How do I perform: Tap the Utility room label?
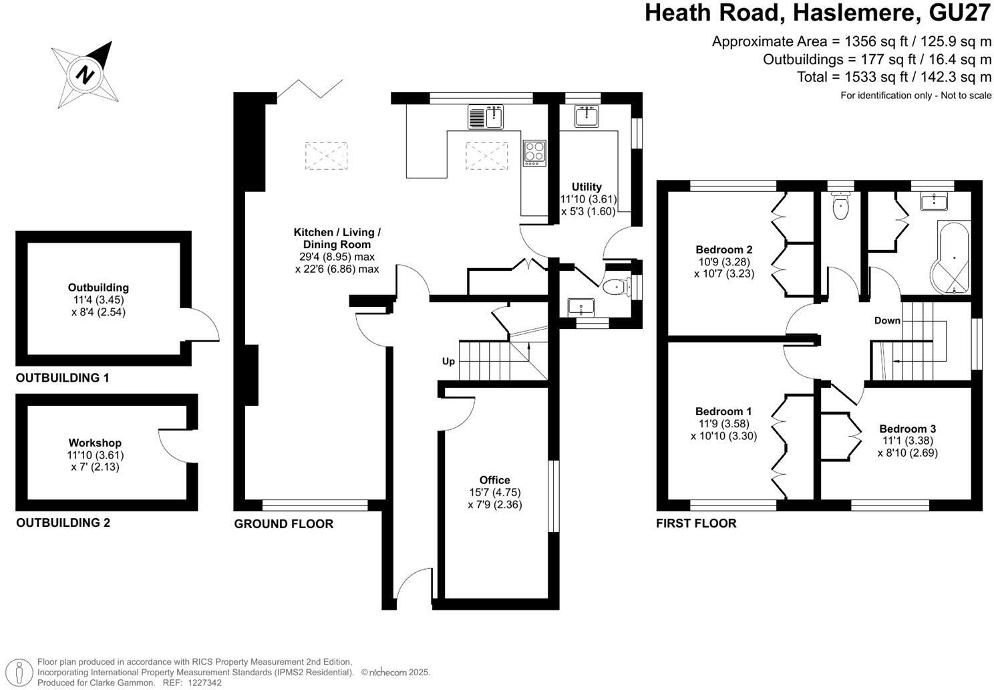[x=587, y=187]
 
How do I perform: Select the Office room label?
[x=494, y=480]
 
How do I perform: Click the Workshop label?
[x=95, y=443]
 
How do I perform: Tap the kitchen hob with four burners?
[x=534, y=152]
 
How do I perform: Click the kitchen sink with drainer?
[x=486, y=117]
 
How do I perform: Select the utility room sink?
[x=586, y=116]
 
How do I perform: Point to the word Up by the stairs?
[x=448, y=361]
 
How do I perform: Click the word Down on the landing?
[x=887, y=320]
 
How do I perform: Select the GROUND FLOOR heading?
[x=283, y=524]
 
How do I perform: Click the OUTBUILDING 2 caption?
[x=63, y=522]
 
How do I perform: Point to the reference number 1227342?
[x=204, y=683]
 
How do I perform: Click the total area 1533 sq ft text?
[x=894, y=77]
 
